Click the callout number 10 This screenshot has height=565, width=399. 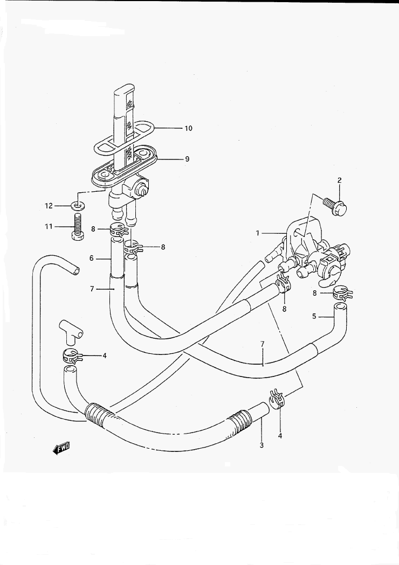(x=188, y=128)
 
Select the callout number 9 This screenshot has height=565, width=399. (x=187, y=159)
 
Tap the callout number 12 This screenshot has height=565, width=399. (x=49, y=206)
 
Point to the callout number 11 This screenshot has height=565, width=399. (x=49, y=226)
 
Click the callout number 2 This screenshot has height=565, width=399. (x=340, y=180)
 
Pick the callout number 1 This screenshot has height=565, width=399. (x=258, y=233)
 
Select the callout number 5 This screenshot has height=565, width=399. (x=314, y=316)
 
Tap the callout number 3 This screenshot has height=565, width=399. (x=262, y=445)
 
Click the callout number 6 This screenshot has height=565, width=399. (x=92, y=258)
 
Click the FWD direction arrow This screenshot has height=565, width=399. (x=61, y=448)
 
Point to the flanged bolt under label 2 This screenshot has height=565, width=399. (x=335, y=206)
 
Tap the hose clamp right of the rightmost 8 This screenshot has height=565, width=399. (x=342, y=292)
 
